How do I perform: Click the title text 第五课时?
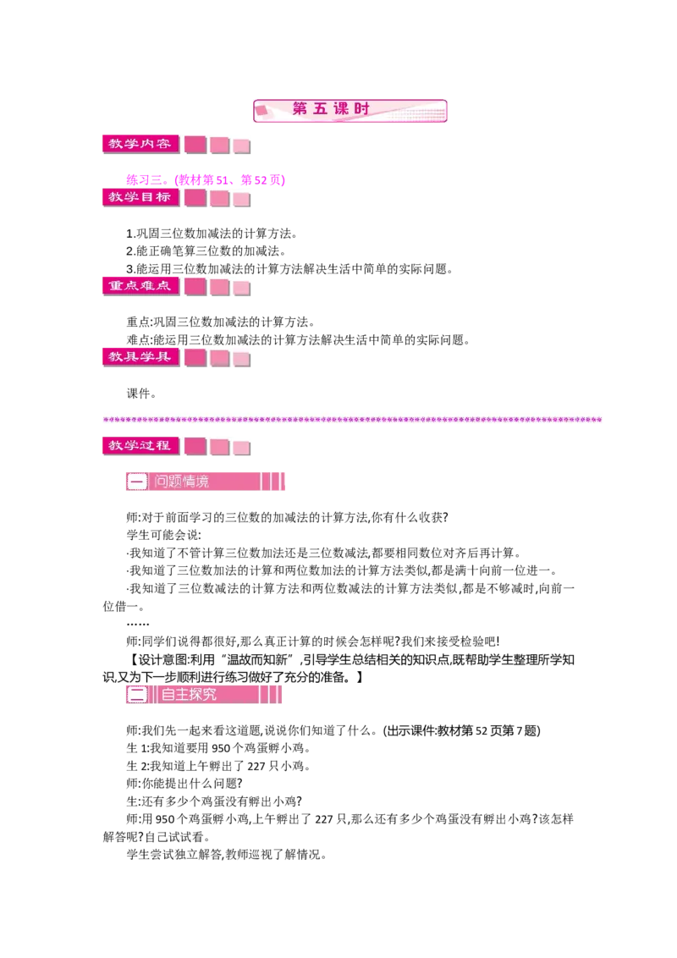[x=331, y=109]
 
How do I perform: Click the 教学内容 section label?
[x=137, y=144]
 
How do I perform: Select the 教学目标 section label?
[x=137, y=197]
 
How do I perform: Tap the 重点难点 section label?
[x=137, y=286]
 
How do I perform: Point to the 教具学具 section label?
[x=137, y=356]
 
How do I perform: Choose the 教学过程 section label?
[x=137, y=445]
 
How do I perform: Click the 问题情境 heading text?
[x=182, y=482]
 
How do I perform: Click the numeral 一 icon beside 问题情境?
[x=136, y=482]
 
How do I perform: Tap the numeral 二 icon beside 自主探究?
[x=136, y=695]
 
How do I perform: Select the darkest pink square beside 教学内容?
[x=195, y=145]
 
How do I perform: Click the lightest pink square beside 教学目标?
[x=242, y=198]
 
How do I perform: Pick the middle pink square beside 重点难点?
[x=220, y=287]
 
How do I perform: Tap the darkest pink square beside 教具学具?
[x=195, y=357]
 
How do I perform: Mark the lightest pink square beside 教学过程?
[x=242, y=446]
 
